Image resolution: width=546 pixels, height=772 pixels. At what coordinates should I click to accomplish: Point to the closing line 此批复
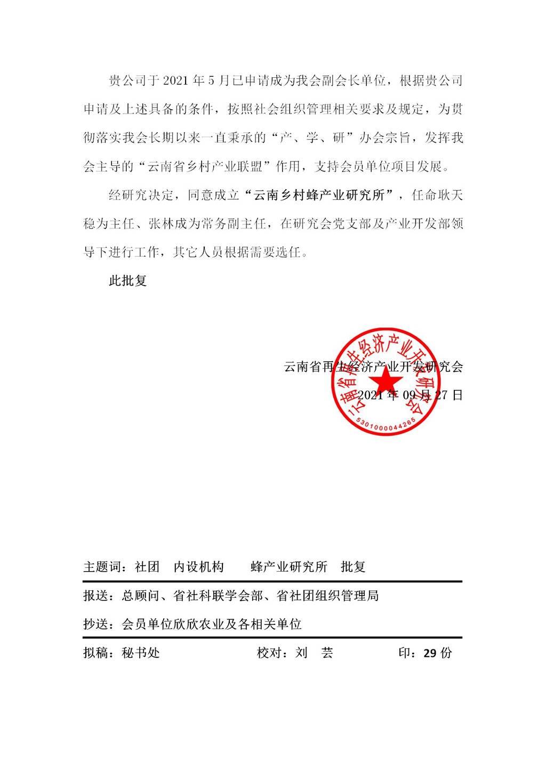click(x=128, y=281)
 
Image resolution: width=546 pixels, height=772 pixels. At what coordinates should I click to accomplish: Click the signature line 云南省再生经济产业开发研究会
click(x=373, y=367)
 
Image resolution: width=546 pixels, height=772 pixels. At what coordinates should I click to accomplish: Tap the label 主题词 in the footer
click(x=99, y=567)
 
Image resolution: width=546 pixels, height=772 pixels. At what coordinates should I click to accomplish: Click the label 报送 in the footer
click(x=96, y=596)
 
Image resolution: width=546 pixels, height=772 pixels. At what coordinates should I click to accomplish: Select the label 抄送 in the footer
click(x=96, y=624)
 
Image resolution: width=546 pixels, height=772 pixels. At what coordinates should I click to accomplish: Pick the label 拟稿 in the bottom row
click(x=96, y=653)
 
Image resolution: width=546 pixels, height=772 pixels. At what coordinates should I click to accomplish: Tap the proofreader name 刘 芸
click(x=315, y=653)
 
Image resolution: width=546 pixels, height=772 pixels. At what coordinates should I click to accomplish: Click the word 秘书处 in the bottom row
click(x=141, y=653)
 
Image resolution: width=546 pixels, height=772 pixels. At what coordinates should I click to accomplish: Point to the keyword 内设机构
click(x=199, y=567)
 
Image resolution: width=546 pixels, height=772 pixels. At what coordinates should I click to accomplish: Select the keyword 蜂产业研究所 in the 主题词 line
click(x=288, y=567)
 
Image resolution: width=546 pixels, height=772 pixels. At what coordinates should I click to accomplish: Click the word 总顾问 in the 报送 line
click(x=141, y=596)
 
